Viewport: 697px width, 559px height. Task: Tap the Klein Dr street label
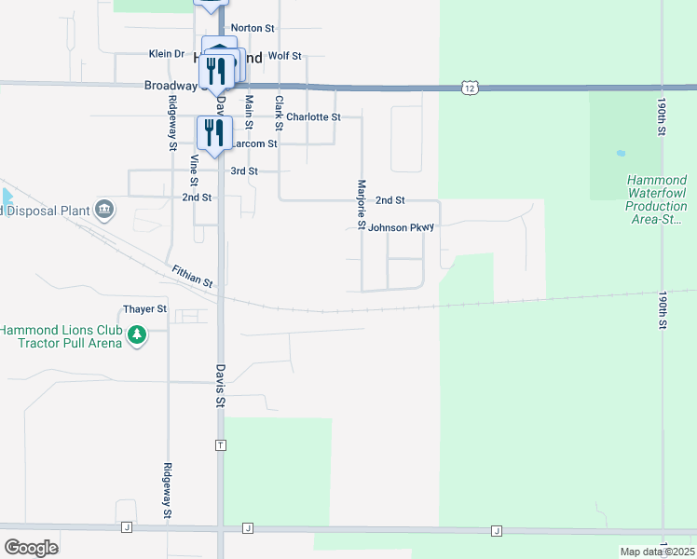point(167,54)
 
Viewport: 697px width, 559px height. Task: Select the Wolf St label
point(284,56)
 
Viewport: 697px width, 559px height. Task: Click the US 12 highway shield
point(470,87)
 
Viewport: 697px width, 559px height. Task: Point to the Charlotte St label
point(313,117)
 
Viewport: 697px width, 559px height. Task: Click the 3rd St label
point(244,171)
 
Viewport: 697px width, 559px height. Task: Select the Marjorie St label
point(361,205)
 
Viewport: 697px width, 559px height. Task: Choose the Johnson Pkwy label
point(402,227)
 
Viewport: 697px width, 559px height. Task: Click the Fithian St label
point(193,276)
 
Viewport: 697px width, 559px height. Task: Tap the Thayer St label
point(144,308)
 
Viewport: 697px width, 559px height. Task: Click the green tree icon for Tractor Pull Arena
point(137,334)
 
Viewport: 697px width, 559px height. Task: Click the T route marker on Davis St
point(220,444)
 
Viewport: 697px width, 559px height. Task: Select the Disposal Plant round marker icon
point(104,209)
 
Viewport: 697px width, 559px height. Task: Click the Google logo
point(31,547)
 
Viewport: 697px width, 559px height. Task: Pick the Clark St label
point(279,113)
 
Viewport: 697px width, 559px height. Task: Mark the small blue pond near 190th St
point(621,153)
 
